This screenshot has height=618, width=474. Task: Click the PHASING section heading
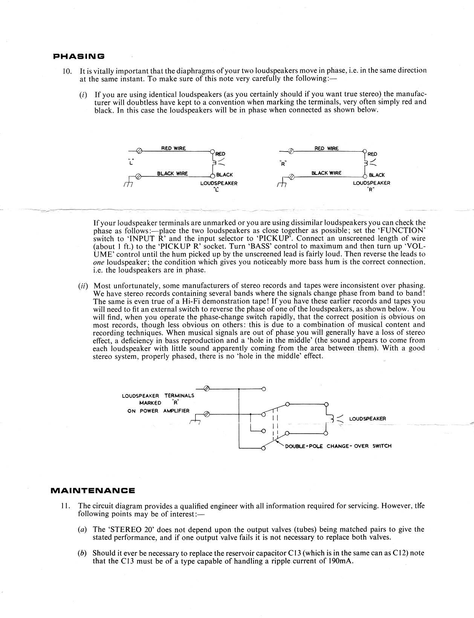click(x=78, y=57)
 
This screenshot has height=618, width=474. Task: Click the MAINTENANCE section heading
click(x=93, y=491)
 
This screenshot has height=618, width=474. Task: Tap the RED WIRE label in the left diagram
click(x=173, y=148)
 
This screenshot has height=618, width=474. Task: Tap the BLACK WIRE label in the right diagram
click(x=326, y=173)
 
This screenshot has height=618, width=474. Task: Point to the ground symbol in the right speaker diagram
click(x=281, y=183)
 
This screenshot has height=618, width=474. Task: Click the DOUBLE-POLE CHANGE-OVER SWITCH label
click(x=338, y=446)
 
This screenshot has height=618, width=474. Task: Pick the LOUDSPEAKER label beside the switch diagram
click(x=367, y=419)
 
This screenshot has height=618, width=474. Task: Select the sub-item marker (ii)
click(x=82, y=286)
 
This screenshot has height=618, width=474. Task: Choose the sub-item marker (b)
click(x=82, y=553)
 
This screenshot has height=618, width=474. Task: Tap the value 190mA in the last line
click(x=341, y=561)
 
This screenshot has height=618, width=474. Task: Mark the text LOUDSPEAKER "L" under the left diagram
click(x=219, y=186)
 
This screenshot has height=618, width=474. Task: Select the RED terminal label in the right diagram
click(x=372, y=154)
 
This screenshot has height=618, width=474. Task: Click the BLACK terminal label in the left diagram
click(x=225, y=175)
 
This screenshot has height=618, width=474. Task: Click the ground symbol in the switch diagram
click(x=196, y=419)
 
